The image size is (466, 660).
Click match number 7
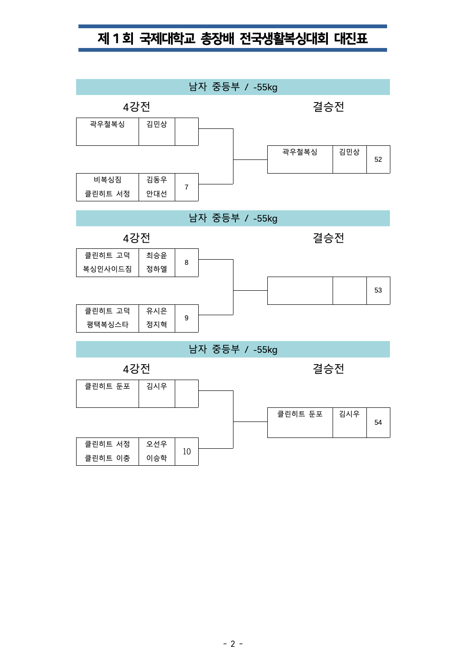coord(186,187)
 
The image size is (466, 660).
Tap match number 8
coord(186,262)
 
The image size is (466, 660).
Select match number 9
coord(186,318)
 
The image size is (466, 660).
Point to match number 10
coord(186,452)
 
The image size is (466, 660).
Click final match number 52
coord(378,159)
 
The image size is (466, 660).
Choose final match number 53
coord(378,290)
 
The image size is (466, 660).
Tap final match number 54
coord(378,422)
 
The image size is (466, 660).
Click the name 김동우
coord(156,180)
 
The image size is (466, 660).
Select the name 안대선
coord(156,194)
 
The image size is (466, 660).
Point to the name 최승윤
coord(156,255)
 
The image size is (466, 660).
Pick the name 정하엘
coord(156,269)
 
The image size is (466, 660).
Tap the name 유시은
coord(156,311)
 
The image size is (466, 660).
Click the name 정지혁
coord(156,325)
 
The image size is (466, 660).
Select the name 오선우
coord(156,444)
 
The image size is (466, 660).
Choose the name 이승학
coord(156,458)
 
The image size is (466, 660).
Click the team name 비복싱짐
coord(108,180)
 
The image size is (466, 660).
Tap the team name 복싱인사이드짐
coord(108,269)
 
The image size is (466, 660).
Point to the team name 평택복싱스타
coord(108,325)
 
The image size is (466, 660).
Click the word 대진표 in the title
coord(350,38)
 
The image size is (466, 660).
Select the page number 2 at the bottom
coord(233,644)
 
